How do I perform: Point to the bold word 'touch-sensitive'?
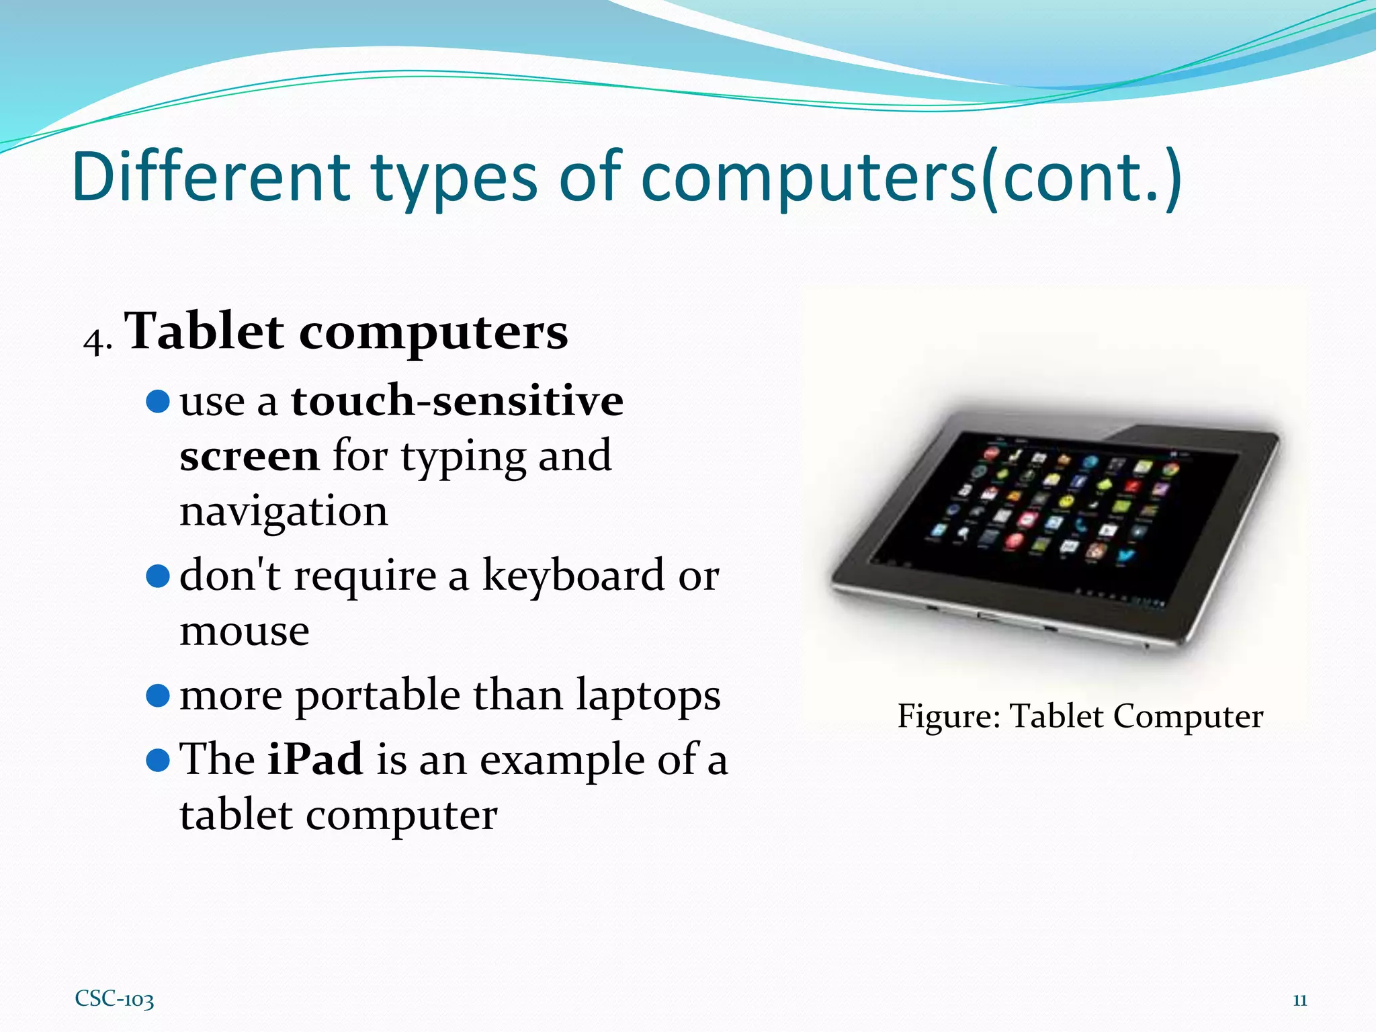click(x=457, y=401)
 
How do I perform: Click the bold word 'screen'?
click(x=249, y=456)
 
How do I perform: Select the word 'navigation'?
click(x=284, y=511)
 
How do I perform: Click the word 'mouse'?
click(x=245, y=631)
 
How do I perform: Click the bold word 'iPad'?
click(x=315, y=759)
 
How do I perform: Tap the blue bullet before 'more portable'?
click(x=158, y=696)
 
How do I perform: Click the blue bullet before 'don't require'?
click(x=158, y=576)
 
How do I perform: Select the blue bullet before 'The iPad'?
click(x=158, y=761)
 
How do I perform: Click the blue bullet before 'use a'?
click(x=158, y=402)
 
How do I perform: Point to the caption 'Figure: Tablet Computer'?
click(x=1080, y=716)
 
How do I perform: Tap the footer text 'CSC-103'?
click(x=114, y=999)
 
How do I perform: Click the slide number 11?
click(x=1299, y=1000)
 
